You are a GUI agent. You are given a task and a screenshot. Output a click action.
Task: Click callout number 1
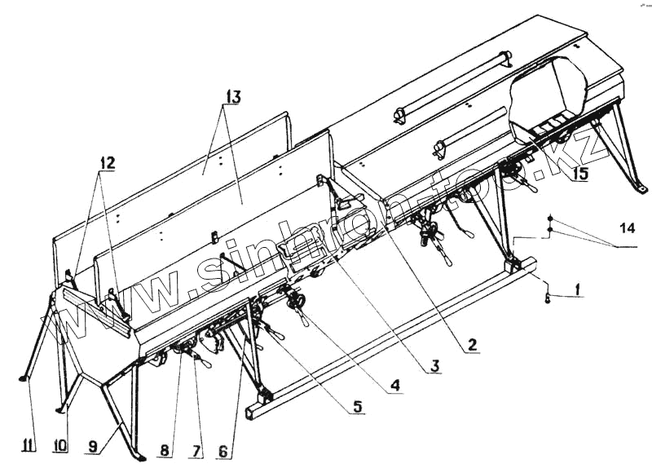pyautogui.click(x=576, y=287)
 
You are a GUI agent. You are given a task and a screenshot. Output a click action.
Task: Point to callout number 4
pyautogui.click(x=394, y=383)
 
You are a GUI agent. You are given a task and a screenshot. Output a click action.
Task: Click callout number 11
pyautogui.click(x=29, y=445)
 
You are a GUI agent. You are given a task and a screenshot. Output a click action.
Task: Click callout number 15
pyautogui.click(x=579, y=174)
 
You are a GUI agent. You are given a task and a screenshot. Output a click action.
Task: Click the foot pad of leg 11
pyautogui.click(x=24, y=378)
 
